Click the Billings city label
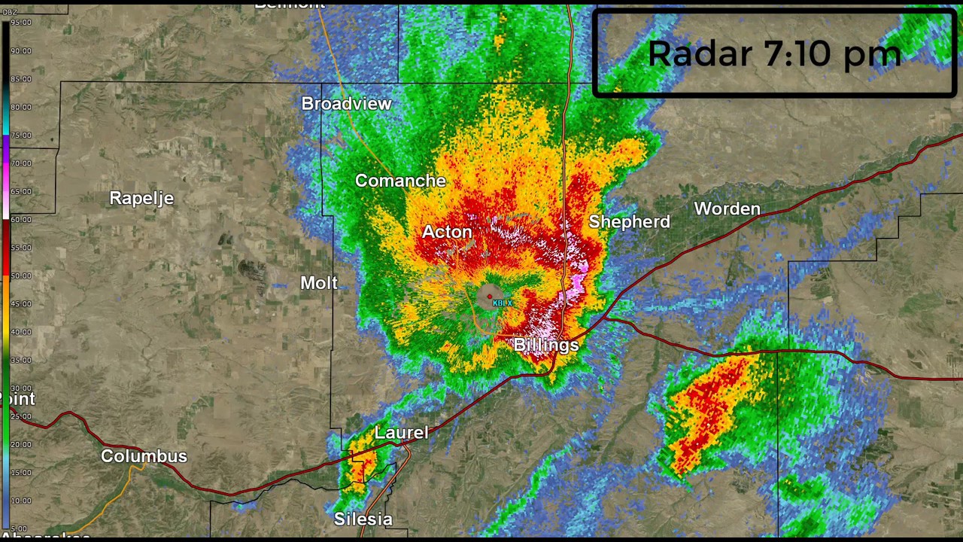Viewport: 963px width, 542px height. (546, 345)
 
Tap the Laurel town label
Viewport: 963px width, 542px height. (401, 433)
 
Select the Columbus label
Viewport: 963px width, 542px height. (144, 456)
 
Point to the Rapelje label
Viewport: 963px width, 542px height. (141, 198)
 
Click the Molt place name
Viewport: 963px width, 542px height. (319, 283)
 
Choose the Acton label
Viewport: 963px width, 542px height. (447, 232)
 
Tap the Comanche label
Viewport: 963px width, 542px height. (400, 181)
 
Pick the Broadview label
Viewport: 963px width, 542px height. (346, 104)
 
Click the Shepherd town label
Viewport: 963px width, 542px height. (629, 221)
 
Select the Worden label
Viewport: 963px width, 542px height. (727, 209)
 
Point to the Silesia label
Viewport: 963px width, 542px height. (363, 519)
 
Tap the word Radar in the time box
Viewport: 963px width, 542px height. (700, 54)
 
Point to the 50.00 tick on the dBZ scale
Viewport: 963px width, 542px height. (20, 276)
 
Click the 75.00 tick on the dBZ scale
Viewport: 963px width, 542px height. (20, 135)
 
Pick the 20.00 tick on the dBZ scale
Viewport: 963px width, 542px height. (20, 445)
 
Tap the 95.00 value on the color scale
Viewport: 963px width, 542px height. (20, 23)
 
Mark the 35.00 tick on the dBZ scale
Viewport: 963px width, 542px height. (20, 361)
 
